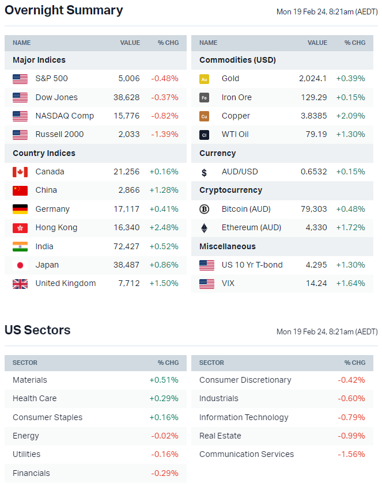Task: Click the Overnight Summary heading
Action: [63, 10]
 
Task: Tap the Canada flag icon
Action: [20, 172]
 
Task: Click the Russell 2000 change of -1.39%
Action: [164, 134]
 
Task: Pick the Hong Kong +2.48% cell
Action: [164, 227]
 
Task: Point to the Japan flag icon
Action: [20, 265]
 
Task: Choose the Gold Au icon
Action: [204, 79]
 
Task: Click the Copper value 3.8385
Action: [313, 116]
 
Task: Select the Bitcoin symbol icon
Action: [204, 209]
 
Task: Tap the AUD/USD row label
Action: [240, 172]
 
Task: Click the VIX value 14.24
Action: [317, 283]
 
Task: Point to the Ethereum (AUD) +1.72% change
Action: [350, 227]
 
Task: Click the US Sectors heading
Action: [37, 330]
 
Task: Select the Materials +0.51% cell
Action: [164, 380]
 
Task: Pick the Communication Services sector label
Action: [247, 454]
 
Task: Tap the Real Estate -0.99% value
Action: [351, 436]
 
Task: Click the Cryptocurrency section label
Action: [230, 190]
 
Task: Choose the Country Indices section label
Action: [44, 153]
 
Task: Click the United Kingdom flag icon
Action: [20, 284]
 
